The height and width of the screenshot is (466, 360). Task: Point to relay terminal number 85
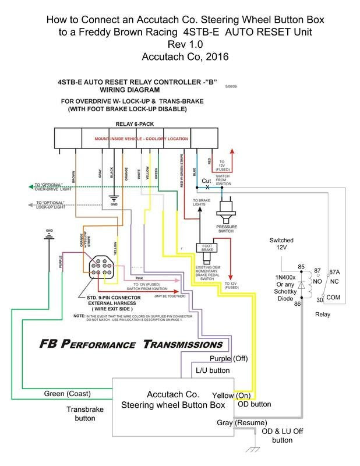point(302,251)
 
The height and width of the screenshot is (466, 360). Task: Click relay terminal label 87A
point(334,255)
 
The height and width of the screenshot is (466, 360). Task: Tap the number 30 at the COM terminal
point(319,300)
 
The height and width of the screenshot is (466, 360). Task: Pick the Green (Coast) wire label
point(66,394)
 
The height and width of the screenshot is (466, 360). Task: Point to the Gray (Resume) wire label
point(242,422)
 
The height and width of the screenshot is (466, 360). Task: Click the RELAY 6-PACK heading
point(136,123)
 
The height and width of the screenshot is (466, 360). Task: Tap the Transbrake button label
point(85,414)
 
